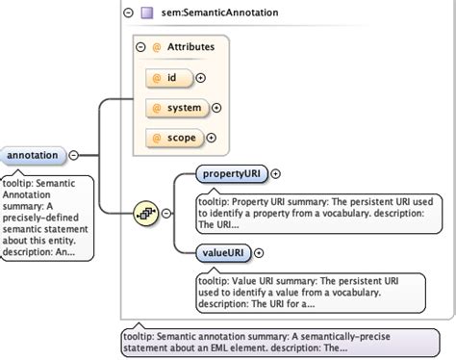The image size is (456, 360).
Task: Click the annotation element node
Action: pyautogui.click(x=33, y=155)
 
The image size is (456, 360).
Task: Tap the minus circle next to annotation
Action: pyautogui.click(x=74, y=155)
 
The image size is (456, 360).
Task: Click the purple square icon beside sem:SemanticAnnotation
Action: pyautogui.click(x=147, y=13)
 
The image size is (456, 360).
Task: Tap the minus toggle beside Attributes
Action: pyautogui.click(x=141, y=46)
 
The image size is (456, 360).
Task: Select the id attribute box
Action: pyautogui.click(x=167, y=77)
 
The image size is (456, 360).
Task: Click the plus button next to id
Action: pyautogui.click(x=201, y=77)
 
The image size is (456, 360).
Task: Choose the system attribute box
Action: pyautogui.click(x=176, y=107)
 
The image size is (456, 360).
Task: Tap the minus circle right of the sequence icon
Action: pyautogui.click(x=165, y=213)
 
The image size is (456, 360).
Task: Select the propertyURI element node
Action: pyautogui.click(x=231, y=174)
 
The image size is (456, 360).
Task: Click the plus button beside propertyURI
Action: pyautogui.click(x=277, y=174)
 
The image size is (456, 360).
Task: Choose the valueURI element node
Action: pyautogui.click(x=220, y=252)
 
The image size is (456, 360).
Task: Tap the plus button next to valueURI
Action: pyautogui.click(x=257, y=252)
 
